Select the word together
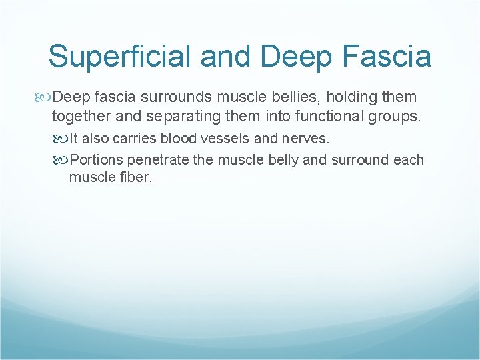coord(83,117)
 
